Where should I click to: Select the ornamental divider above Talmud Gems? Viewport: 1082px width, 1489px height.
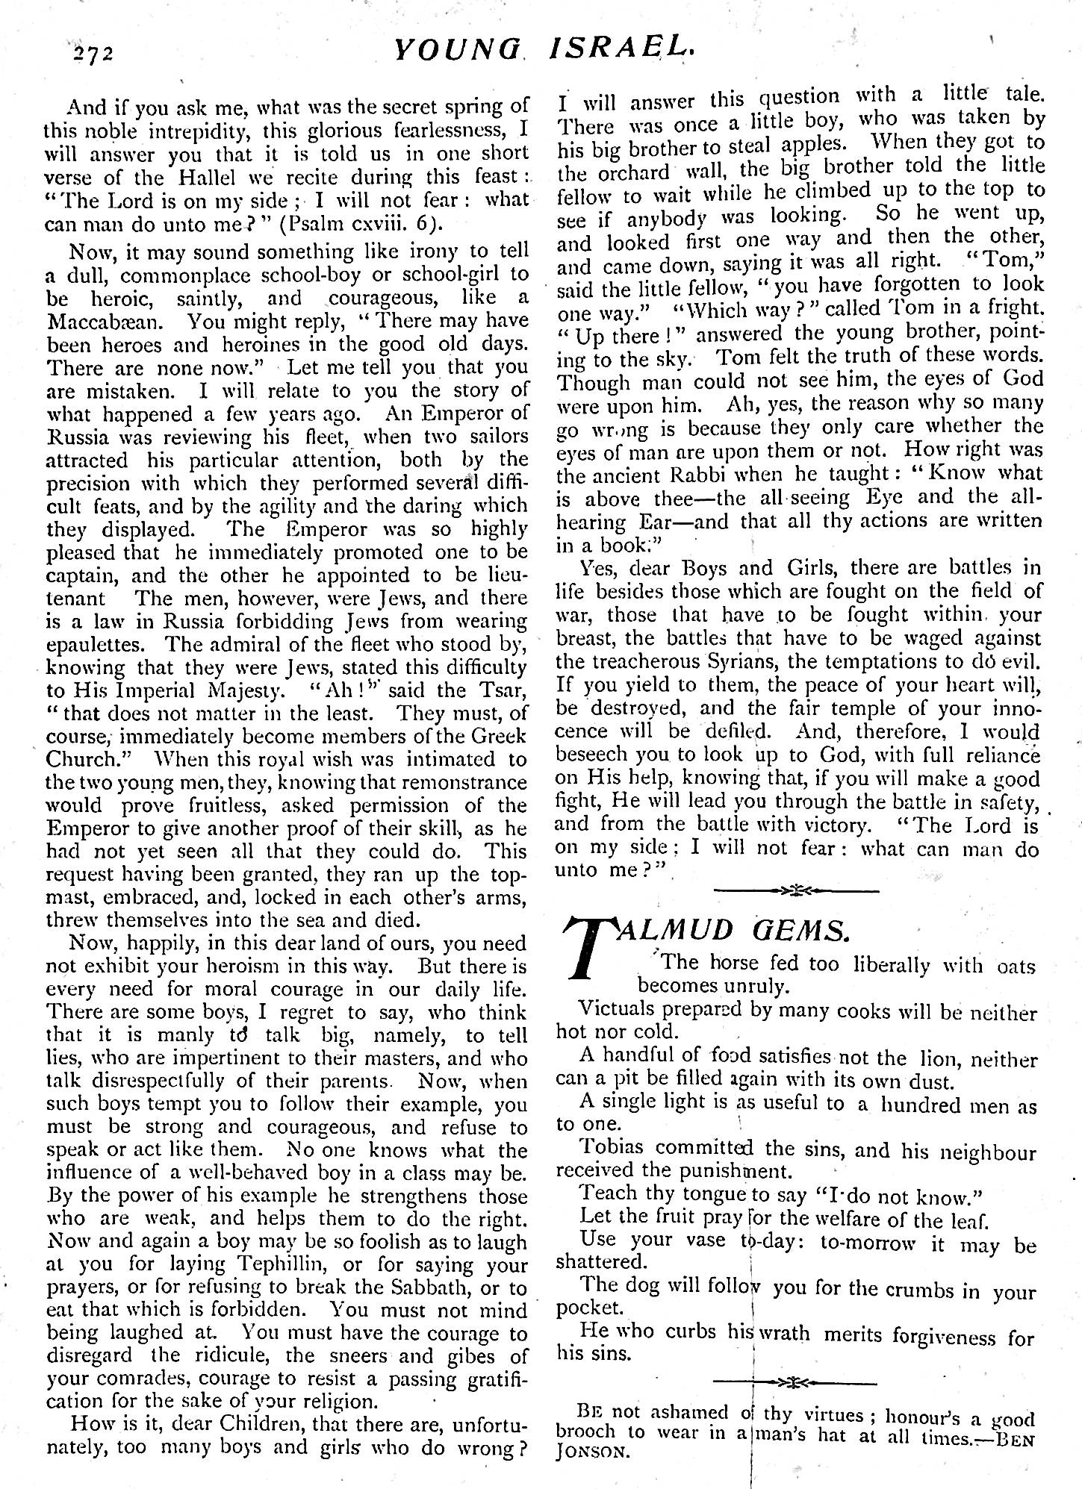click(796, 890)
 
